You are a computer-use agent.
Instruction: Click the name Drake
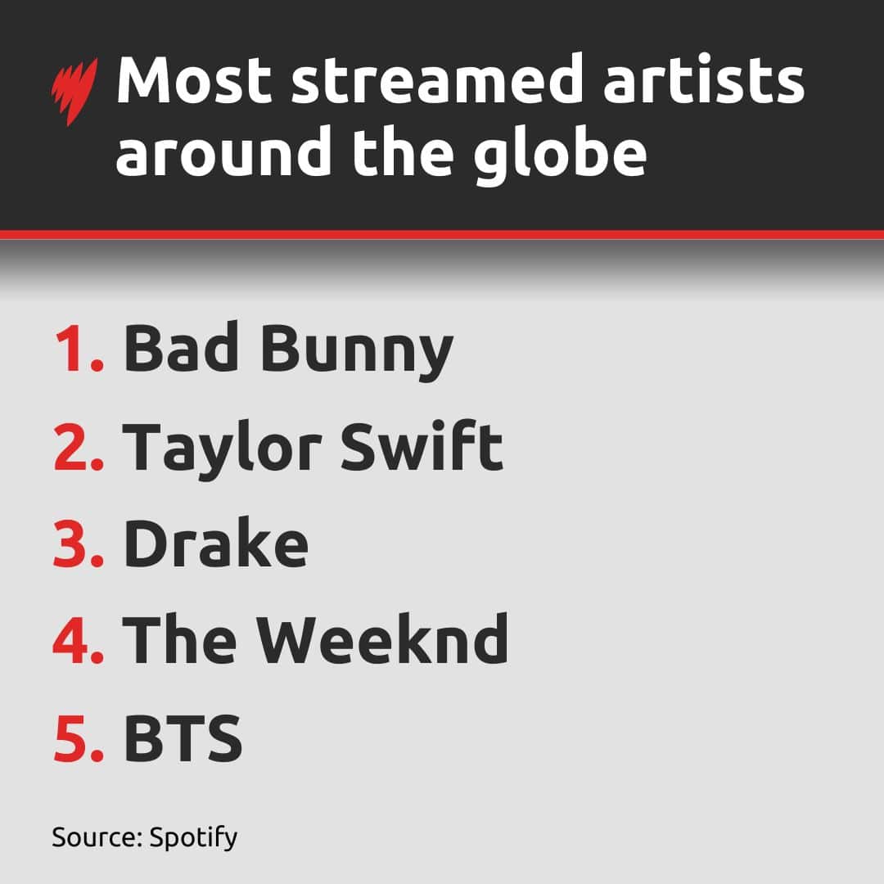215,545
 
